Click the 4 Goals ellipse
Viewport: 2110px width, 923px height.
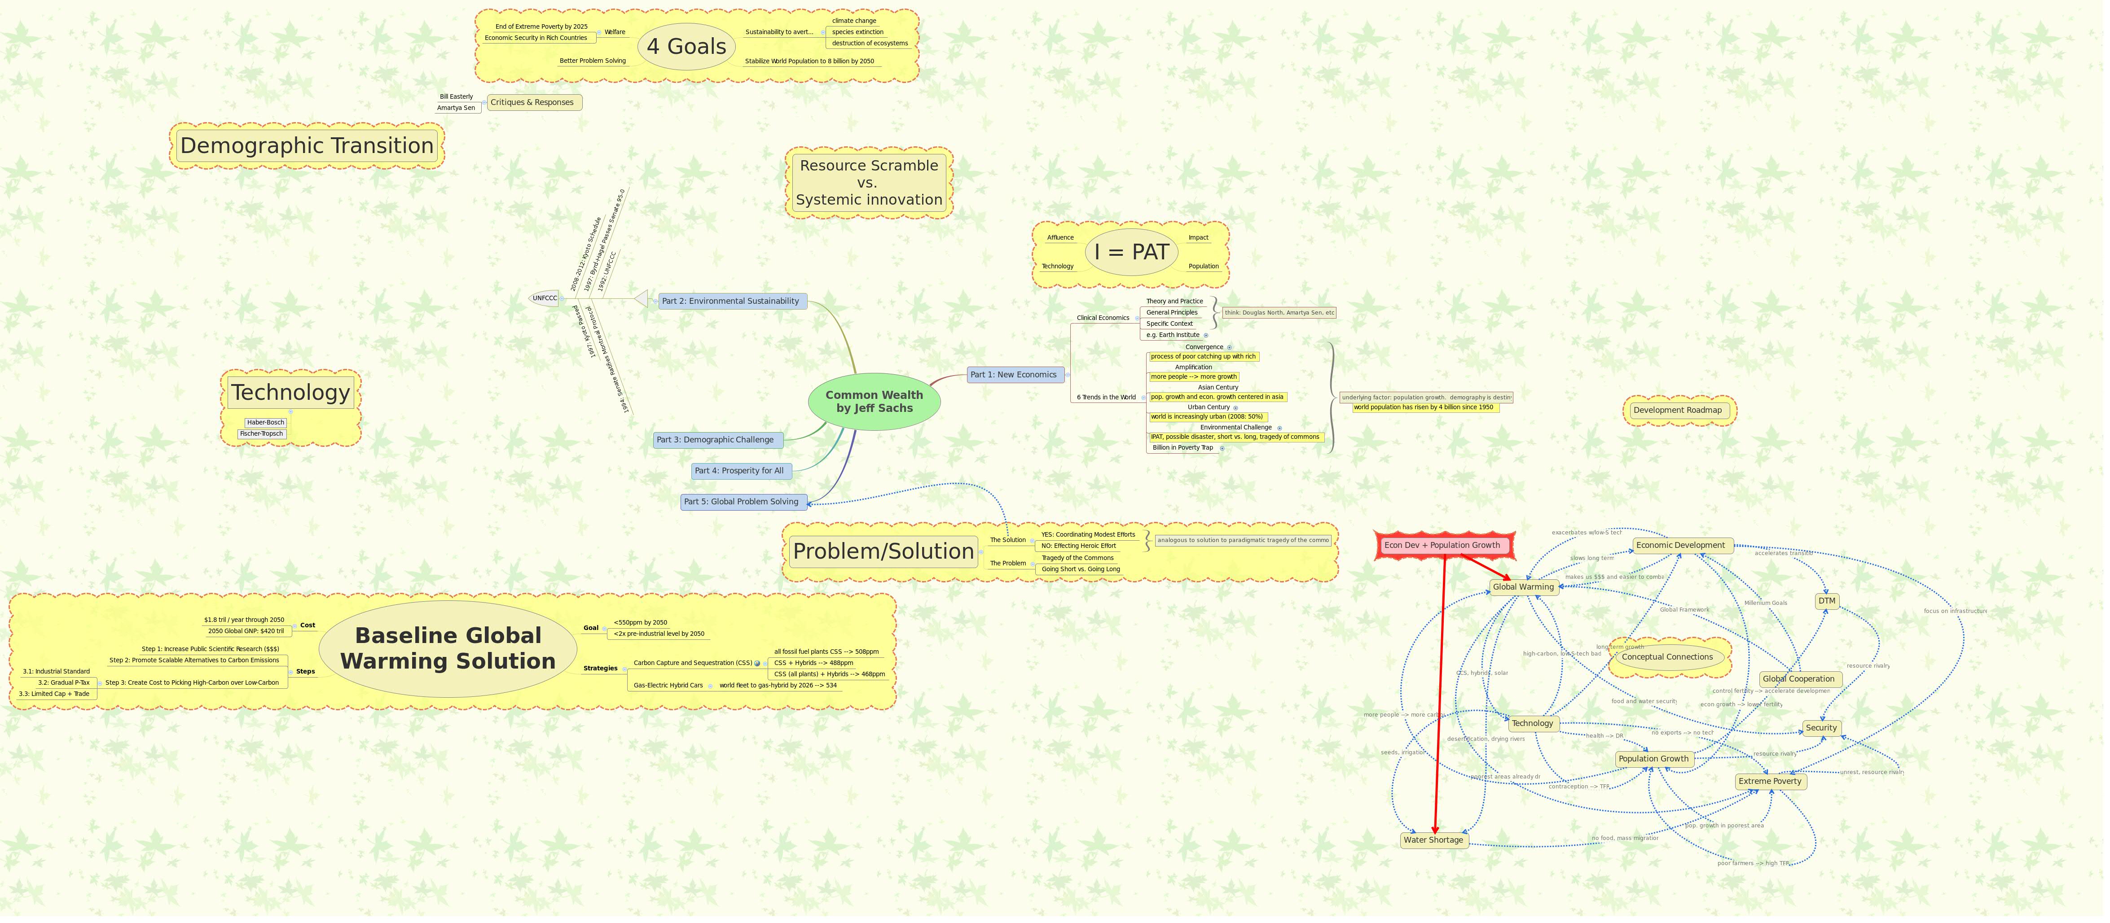686,47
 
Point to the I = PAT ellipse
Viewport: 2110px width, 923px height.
1131,252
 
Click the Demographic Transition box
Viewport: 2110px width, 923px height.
306,146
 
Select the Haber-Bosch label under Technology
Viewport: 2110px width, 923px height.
265,423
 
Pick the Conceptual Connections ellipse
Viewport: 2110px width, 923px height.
1667,657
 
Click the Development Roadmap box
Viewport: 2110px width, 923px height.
1678,410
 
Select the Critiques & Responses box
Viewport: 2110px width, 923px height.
532,102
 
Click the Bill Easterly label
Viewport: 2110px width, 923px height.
456,96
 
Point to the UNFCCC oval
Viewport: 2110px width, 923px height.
545,298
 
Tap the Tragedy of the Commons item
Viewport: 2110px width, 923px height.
1077,558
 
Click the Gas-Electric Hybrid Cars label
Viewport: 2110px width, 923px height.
668,686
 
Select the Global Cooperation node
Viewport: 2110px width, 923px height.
1799,679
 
